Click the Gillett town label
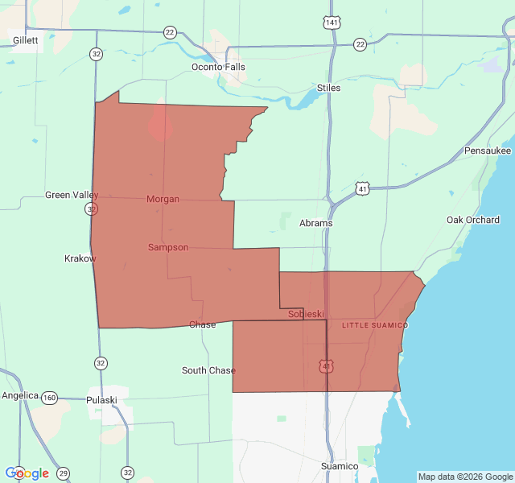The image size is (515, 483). (25, 39)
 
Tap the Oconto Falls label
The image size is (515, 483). (218, 67)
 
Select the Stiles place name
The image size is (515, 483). (328, 88)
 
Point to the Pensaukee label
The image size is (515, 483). (488, 151)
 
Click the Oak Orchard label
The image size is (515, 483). (473, 220)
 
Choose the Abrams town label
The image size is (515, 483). (315, 223)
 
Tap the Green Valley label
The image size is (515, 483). (72, 195)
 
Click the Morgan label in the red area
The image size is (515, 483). (163, 199)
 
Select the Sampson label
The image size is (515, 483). (168, 247)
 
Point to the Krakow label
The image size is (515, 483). (80, 258)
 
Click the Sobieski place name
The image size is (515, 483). (306, 314)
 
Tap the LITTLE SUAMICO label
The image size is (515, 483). (375, 325)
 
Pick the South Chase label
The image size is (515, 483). (208, 370)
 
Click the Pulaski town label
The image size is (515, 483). (102, 399)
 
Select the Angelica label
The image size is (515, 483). (20, 395)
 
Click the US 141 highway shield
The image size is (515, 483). (332, 23)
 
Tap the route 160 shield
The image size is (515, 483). (50, 397)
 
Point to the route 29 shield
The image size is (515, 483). (63, 473)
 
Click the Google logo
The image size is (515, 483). (27, 473)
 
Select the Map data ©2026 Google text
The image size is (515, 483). (464, 477)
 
